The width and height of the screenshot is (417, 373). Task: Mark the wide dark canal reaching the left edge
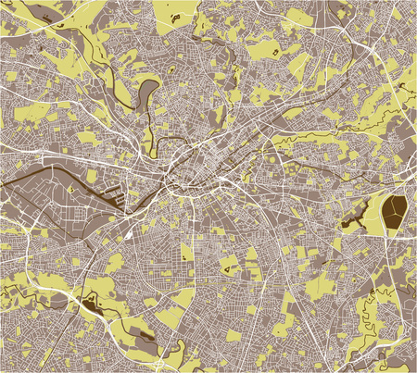37,180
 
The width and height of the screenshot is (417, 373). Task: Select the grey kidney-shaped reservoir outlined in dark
147,91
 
